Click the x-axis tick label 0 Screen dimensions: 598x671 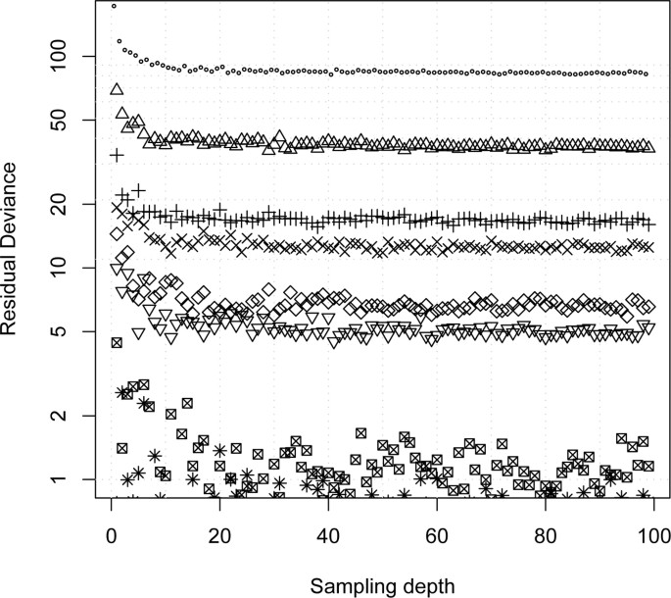(111, 535)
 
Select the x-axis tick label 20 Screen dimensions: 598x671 (219, 535)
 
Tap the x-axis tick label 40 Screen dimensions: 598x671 (328, 535)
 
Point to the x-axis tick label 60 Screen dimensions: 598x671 (437, 535)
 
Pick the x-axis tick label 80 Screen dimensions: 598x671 (546, 535)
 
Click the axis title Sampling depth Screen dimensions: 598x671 (382, 585)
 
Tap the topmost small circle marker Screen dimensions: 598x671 (115, 6)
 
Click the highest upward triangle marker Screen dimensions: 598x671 (117, 89)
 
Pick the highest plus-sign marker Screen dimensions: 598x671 (117, 155)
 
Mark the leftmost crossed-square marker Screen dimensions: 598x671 (117, 342)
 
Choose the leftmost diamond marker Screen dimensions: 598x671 (117, 234)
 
